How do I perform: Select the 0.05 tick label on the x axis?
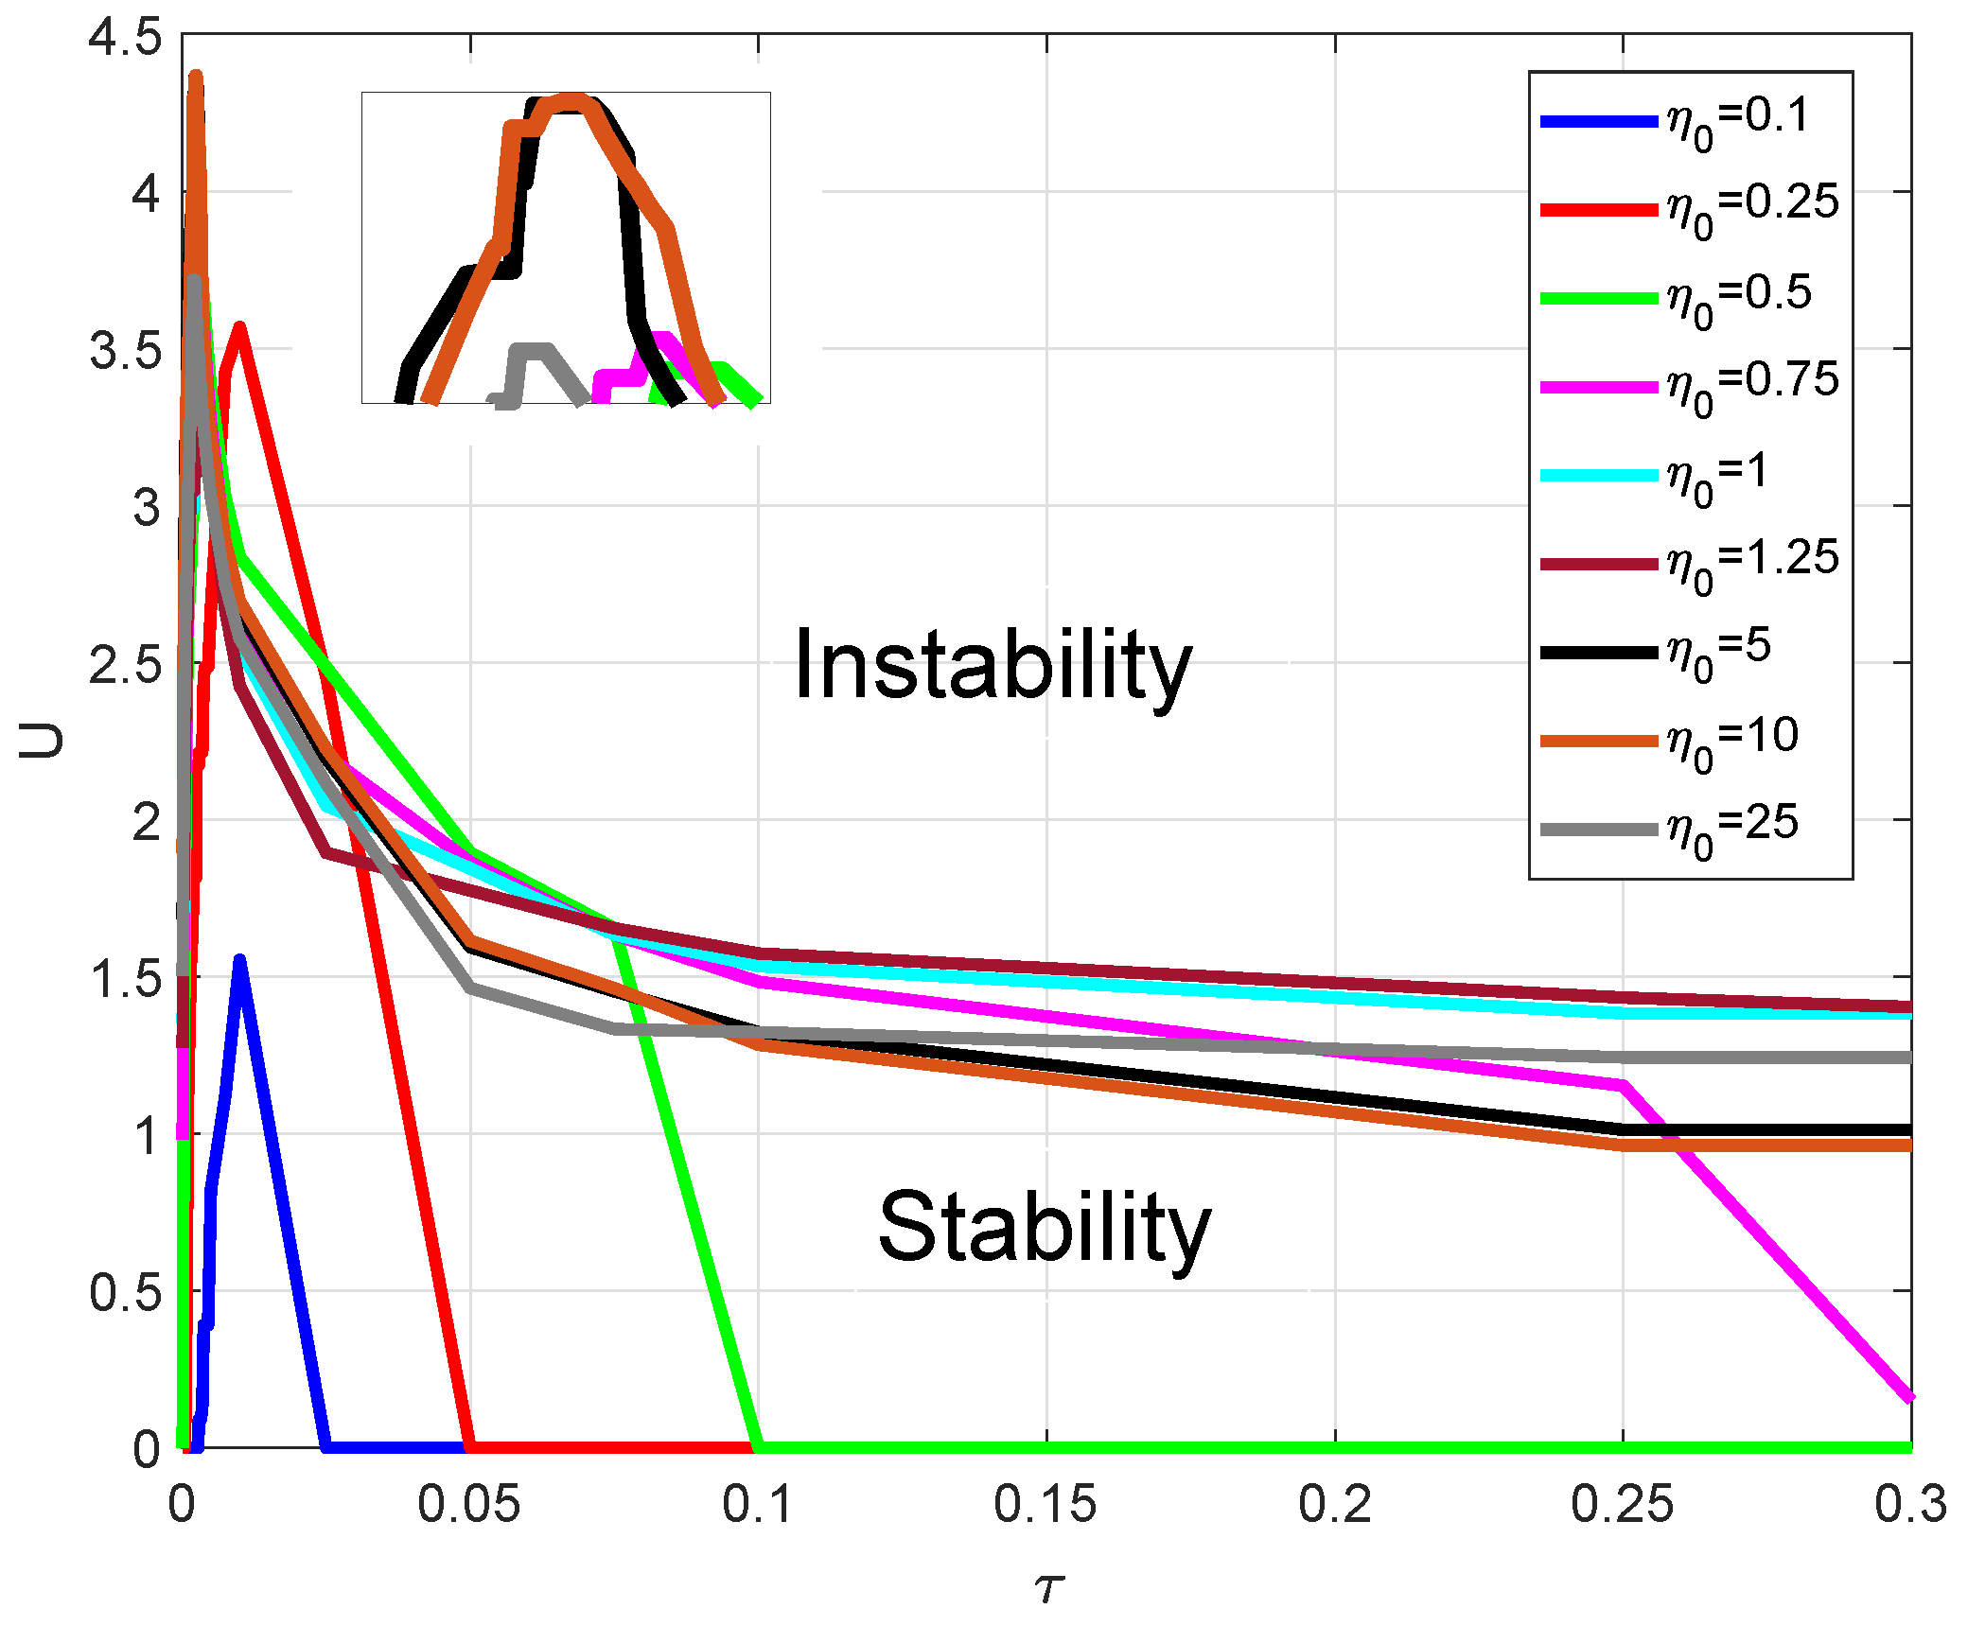point(469,1504)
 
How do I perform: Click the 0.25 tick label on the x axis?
point(1622,1504)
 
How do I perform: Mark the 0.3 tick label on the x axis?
point(1910,1504)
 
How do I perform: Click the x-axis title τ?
point(1048,1586)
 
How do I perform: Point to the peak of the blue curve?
point(239,962)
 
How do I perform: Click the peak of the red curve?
point(240,327)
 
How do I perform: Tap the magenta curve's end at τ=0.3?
point(1909,1397)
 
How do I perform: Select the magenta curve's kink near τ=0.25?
point(1622,1085)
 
